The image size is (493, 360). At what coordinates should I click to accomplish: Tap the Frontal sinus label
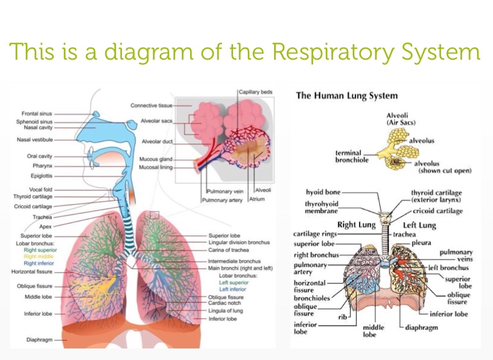pos(37,113)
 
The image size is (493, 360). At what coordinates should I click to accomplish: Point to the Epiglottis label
pos(42,176)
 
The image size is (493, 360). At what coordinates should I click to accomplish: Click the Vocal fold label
pos(40,189)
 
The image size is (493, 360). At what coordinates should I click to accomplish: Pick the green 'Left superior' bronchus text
pos(234,282)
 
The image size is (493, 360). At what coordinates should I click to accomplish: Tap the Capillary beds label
pos(255,92)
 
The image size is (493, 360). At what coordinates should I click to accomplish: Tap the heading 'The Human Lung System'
pos(347,96)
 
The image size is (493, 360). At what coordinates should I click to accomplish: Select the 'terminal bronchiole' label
pos(352,157)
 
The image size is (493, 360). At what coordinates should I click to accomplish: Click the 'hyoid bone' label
pos(323,192)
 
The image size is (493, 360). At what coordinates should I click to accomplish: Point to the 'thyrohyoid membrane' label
pos(322,207)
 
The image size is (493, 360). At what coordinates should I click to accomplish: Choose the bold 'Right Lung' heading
pos(356,225)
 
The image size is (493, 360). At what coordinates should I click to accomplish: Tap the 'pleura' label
pos(422,244)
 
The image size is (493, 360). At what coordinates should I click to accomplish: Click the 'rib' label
pos(343,317)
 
